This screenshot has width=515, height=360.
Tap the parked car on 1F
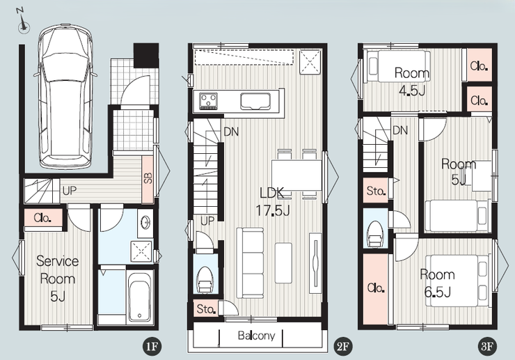65,96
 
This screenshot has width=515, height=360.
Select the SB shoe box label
148,178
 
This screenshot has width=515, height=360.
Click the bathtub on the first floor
141,297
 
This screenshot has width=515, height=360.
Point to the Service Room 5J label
58,279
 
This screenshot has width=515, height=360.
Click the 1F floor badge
152,346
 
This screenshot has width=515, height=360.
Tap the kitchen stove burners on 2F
209,100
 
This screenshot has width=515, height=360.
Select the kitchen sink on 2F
255,101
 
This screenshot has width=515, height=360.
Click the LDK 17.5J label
272,202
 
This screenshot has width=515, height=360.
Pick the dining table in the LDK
296,175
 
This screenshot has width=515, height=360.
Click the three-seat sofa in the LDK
250,263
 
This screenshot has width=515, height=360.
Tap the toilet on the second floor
205,280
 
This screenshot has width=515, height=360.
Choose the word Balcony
256,336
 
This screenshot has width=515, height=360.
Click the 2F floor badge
342,346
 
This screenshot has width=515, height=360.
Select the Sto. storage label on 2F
206,308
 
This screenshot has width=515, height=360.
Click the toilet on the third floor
374,233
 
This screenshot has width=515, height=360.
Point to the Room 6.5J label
437,283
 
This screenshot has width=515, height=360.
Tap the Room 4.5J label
412,81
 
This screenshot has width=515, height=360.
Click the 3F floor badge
487,346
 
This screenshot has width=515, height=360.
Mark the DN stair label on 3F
400,130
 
